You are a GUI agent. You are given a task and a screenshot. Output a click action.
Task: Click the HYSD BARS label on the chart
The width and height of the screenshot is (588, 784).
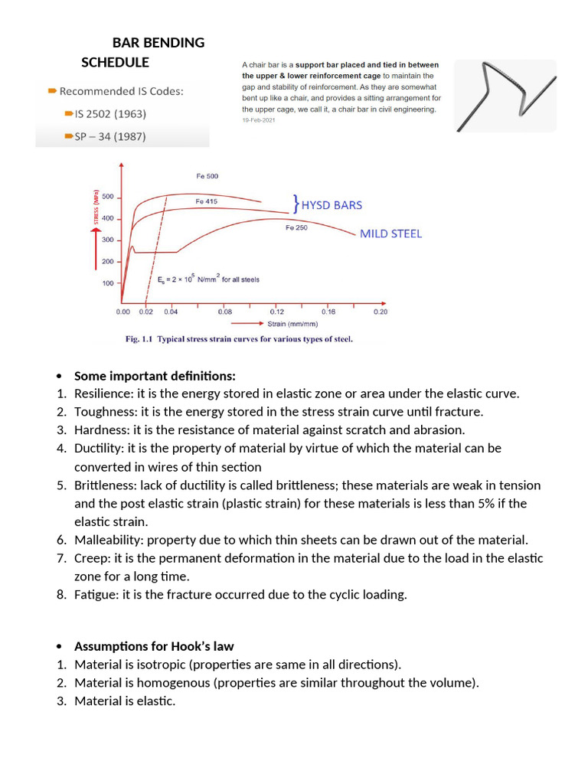pyautogui.click(x=332, y=204)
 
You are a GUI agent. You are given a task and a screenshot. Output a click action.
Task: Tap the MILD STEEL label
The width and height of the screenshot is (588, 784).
pyautogui.click(x=390, y=234)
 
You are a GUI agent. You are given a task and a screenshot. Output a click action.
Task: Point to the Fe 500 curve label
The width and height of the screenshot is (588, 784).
pyautogui.click(x=207, y=176)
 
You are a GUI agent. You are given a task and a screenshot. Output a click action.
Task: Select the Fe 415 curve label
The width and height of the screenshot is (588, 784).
pyautogui.click(x=206, y=201)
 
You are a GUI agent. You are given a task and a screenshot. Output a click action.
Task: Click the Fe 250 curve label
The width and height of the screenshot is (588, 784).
pyautogui.click(x=296, y=227)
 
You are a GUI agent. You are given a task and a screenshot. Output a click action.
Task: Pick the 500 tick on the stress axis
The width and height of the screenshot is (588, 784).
pyautogui.click(x=107, y=197)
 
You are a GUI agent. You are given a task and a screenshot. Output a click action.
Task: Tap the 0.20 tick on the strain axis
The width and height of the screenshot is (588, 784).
pyautogui.click(x=380, y=312)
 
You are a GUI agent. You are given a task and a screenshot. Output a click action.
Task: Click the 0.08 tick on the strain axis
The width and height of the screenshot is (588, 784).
pyautogui.click(x=225, y=312)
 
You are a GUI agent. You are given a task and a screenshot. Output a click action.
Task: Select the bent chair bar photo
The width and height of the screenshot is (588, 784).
pyautogui.click(x=505, y=96)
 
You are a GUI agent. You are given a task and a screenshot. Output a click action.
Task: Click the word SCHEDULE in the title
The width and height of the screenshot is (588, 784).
pyautogui.click(x=115, y=62)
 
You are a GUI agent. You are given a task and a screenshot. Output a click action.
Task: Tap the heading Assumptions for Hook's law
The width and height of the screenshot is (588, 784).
pyautogui.click(x=154, y=646)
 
